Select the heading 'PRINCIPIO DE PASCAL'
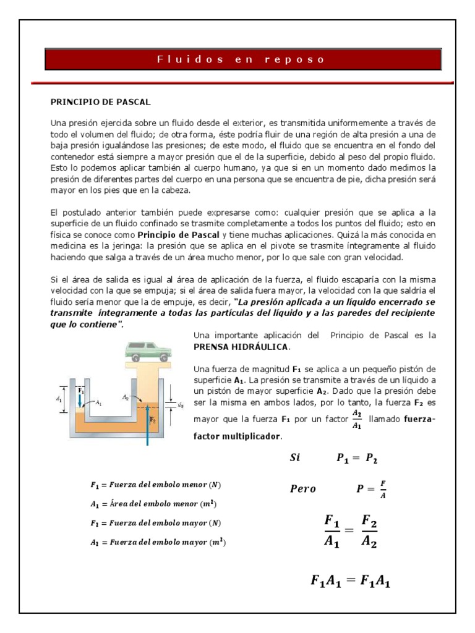click(x=100, y=101)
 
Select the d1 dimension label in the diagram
click(x=58, y=399)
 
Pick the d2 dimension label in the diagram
click(x=181, y=406)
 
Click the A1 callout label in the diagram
click(x=99, y=402)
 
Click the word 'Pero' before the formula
click(x=302, y=489)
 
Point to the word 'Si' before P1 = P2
click(x=295, y=458)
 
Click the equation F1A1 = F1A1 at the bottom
click(x=350, y=581)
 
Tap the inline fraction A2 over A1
click(x=357, y=418)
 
